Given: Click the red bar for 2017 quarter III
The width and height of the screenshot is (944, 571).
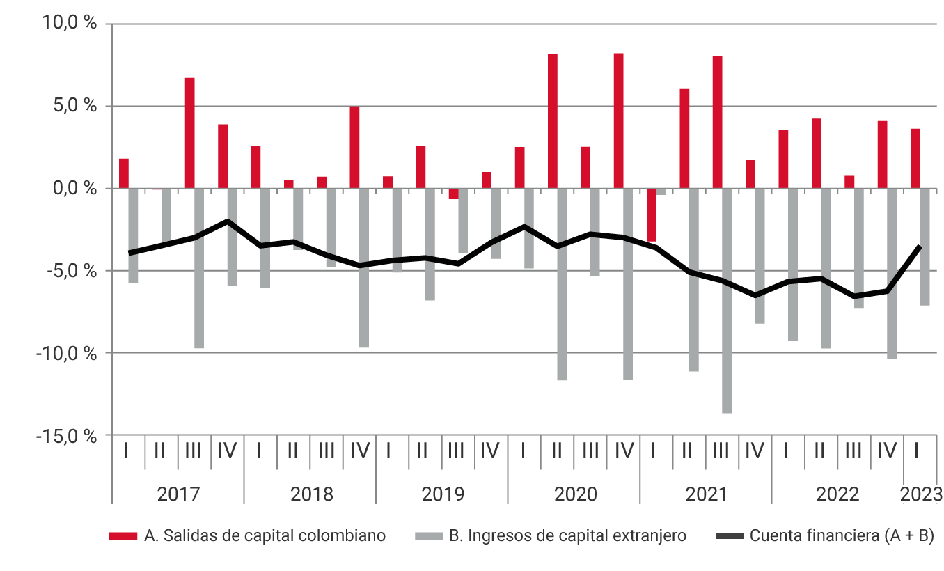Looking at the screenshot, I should coord(189,133).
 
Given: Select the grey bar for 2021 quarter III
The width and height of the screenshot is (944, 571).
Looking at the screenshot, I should coord(727,301).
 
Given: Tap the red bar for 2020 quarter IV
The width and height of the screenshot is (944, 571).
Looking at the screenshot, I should coord(618,121).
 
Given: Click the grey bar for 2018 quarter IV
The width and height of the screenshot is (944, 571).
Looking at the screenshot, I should coord(364,268).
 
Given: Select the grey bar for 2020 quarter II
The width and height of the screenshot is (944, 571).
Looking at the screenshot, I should coord(562,284).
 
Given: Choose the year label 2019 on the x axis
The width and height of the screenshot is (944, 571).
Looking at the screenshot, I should coord(443,494).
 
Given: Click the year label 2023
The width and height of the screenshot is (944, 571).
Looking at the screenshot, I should coord(920,494).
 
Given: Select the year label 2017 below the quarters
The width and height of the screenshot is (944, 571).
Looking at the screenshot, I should coord(178,494).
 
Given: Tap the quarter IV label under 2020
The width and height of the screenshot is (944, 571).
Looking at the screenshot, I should coord(623,451).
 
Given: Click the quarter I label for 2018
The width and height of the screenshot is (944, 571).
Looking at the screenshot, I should coord(259,451).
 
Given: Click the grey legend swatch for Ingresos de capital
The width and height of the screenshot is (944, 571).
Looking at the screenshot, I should coord(428,535).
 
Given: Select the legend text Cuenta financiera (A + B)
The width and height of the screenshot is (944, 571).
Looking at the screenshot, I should coord(842,535).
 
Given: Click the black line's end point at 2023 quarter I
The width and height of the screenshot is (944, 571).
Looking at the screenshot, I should coord(920,247).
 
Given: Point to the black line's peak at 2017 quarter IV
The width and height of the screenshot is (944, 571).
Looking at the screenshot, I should coord(228,221).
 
